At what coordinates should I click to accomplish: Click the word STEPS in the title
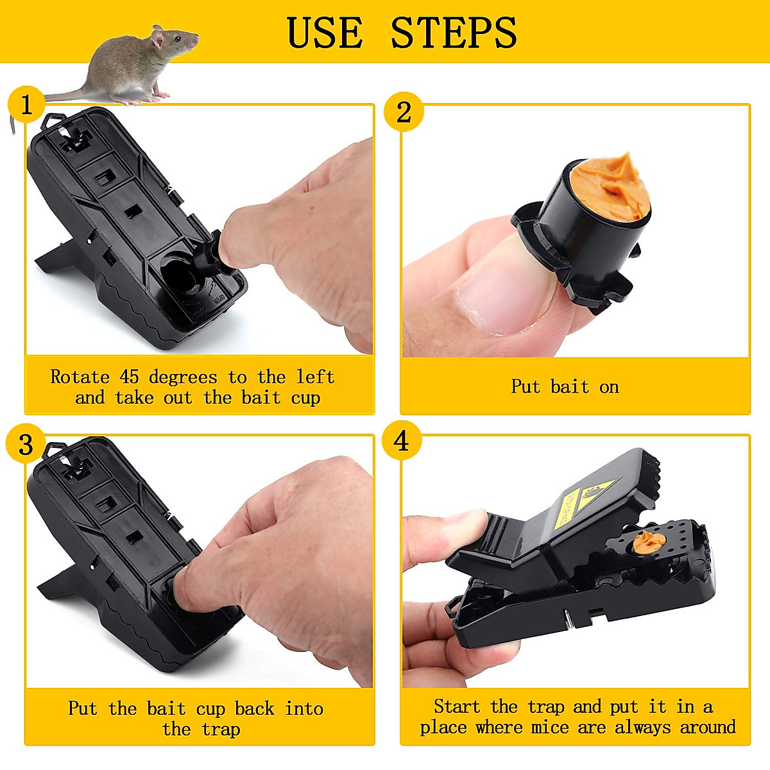[454, 33]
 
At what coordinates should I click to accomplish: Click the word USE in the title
[324, 33]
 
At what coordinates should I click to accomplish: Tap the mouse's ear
[157, 40]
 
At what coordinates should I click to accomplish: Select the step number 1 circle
[26, 105]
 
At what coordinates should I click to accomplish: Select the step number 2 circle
[403, 112]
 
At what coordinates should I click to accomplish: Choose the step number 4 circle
[401, 441]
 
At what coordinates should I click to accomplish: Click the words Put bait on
[565, 387]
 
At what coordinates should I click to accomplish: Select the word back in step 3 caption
[254, 709]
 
